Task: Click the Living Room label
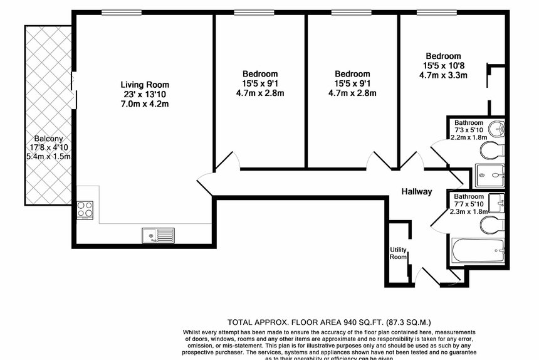(145, 85)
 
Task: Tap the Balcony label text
(48, 139)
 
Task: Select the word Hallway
(417, 192)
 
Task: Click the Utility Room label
(399, 253)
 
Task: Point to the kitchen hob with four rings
(85, 209)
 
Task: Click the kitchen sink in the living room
(158, 235)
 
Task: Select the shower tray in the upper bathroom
(489, 176)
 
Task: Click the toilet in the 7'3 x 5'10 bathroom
(491, 151)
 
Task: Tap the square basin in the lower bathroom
(498, 203)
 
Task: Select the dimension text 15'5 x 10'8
(443, 65)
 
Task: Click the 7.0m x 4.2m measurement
(145, 103)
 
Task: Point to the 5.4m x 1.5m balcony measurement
(48, 157)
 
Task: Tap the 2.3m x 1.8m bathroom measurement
(468, 211)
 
